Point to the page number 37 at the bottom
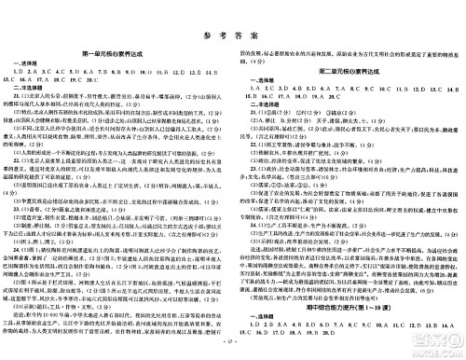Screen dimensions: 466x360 tap(232, 353)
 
